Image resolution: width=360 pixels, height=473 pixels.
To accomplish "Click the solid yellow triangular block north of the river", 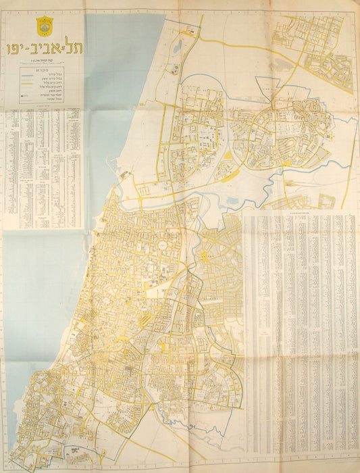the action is [228, 157].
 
